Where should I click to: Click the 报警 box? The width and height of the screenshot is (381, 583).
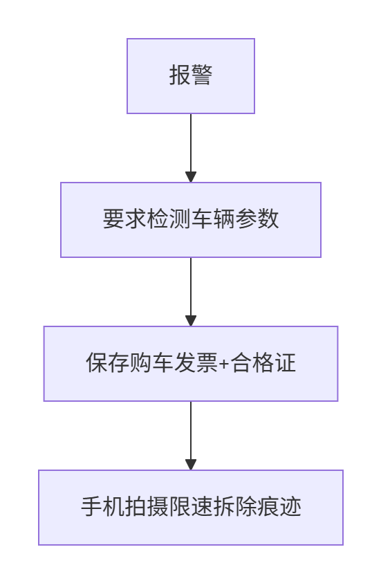(x=191, y=76)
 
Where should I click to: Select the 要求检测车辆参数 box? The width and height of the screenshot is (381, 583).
(x=191, y=220)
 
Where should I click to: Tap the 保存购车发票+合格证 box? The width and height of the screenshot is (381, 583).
(x=191, y=364)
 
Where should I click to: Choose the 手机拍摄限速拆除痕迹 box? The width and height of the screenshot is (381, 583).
(x=191, y=508)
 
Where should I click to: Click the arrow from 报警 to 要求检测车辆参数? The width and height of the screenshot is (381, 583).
(x=191, y=148)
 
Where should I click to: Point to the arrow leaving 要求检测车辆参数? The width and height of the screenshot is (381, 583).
(x=191, y=292)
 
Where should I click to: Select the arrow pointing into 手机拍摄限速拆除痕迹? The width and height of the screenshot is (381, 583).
(x=191, y=436)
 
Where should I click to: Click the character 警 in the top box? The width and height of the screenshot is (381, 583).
(x=202, y=75)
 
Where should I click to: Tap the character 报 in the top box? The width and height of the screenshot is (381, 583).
(x=180, y=75)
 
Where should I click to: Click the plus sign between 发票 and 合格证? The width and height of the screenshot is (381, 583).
(x=224, y=364)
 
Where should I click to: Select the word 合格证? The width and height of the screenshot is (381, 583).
(x=263, y=363)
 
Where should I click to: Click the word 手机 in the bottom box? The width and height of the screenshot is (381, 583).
(x=103, y=507)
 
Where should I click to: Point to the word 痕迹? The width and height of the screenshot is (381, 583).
(x=279, y=507)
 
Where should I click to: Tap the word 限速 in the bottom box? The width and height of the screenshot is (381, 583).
(x=191, y=507)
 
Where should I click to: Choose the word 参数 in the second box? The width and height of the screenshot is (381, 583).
(x=257, y=219)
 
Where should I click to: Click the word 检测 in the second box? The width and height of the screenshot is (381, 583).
(x=169, y=219)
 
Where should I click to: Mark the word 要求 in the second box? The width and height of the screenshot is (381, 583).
(x=125, y=219)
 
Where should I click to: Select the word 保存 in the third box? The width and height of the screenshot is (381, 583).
(x=108, y=363)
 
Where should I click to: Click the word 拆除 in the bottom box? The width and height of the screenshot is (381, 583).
(x=235, y=507)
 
